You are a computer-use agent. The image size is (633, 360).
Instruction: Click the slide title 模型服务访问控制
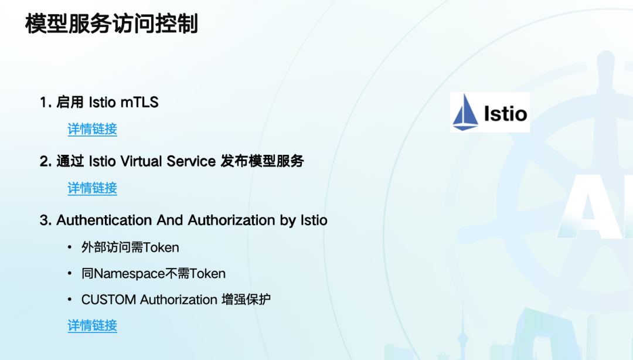click(111, 23)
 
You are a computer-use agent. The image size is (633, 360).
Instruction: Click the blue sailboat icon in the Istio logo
click(465, 113)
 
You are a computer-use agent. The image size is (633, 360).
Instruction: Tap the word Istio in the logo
click(505, 114)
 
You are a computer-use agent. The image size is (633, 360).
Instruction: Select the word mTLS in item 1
click(139, 102)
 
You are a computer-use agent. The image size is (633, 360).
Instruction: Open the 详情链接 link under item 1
click(93, 129)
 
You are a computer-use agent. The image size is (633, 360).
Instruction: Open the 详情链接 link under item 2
click(93, 188)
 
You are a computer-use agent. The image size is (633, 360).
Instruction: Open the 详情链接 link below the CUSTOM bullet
click(93, 325)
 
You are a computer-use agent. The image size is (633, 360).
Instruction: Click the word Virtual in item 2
click(141, 161)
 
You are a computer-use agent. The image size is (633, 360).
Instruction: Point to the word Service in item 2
click(191, 161)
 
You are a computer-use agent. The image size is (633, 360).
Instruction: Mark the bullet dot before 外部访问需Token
click(70, 247)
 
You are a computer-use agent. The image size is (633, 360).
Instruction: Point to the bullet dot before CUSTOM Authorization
click(70, 300)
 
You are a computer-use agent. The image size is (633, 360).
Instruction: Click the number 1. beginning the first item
click(46, 102)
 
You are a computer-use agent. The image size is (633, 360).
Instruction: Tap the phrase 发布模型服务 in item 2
click(263, 161)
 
